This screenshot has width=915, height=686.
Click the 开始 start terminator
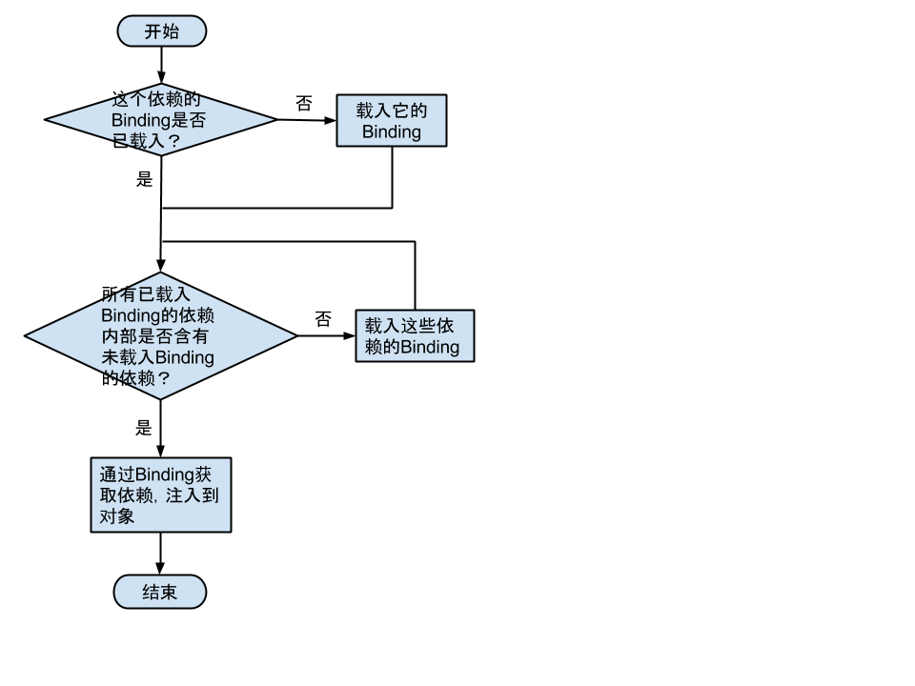(x=161, y=31)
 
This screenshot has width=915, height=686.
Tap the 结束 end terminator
(x=159, y=593)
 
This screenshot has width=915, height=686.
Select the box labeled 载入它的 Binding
(x=391, y=121)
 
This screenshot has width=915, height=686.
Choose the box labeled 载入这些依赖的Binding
(x=415, y=336)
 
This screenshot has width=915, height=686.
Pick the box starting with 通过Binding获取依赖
(x=160, y=495)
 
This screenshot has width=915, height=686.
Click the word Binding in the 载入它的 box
(x=391, y=132)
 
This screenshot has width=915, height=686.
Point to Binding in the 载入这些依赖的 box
(x=429, y=348)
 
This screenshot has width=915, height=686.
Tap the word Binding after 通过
(x=165, y=474)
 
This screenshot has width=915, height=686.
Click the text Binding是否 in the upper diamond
(x=158, y=121)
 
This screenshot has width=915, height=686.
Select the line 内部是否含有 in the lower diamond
(x=155, y=337)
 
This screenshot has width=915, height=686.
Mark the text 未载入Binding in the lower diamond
(x=157, y=358)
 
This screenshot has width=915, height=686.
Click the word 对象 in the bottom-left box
(x=117, y=517)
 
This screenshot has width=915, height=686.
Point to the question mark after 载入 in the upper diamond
(x=173, y=142)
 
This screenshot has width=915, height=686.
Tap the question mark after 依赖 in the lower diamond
(x=163, y=379)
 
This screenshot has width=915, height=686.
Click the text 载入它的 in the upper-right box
(x=391, y=111)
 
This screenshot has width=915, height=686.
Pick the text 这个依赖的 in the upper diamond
(x=157, y=100)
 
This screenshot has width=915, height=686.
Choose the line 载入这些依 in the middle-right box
(x=409, y=326)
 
